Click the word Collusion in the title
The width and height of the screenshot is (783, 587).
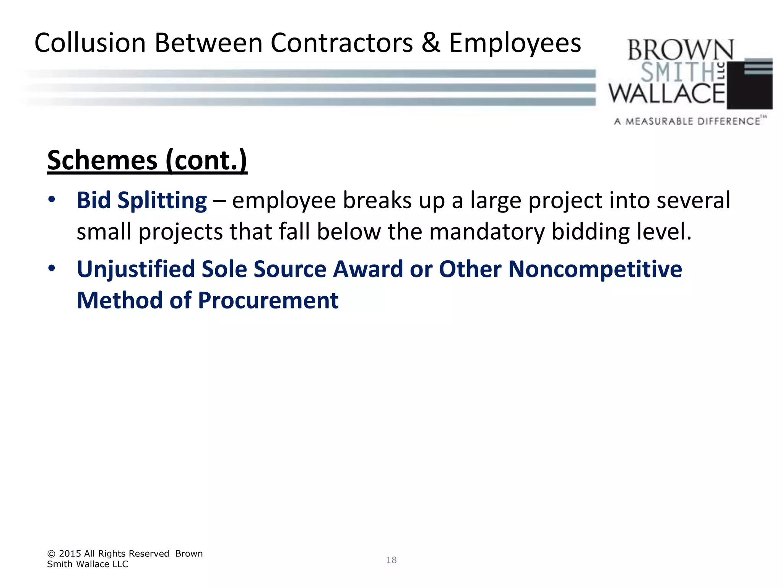pyautogui.click(x=90, y=43)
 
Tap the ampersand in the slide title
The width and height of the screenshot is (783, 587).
pyautogui.click(x=431, y=43)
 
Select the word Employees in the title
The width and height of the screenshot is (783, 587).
pyautogui.click(x=515, y=43)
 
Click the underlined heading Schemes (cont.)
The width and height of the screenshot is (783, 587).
pyautogui.click(x=147, y=160)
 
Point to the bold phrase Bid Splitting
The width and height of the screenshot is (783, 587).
pyautogui.click(x=142, y=200)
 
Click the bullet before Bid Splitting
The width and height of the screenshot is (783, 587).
pyautogui.click(x=52, y=199)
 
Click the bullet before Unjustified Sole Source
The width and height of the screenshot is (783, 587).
pyautogui.click(x=52, y=268)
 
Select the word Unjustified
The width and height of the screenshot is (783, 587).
pyautogui.click(x=136, y=269)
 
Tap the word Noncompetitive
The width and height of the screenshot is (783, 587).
pyautogui.click(x=595, y=269)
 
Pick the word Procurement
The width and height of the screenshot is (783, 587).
pyautogui.click(x=268, y=300)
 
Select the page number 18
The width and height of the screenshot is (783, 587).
pyautogui.click(x=391, y=560)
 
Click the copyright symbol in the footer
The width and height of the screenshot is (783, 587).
pyautogui.click(x=51, y=554)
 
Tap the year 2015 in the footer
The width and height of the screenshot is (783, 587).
pyautogui.click(x=70, y=554)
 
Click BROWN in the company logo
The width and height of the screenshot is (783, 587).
pyautogui.click(x=680, y=50)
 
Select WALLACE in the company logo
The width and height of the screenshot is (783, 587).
pyautogui.click(x=667, y=94)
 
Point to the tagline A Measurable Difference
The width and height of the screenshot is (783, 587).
pyautogui.click(x=687, y=122)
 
